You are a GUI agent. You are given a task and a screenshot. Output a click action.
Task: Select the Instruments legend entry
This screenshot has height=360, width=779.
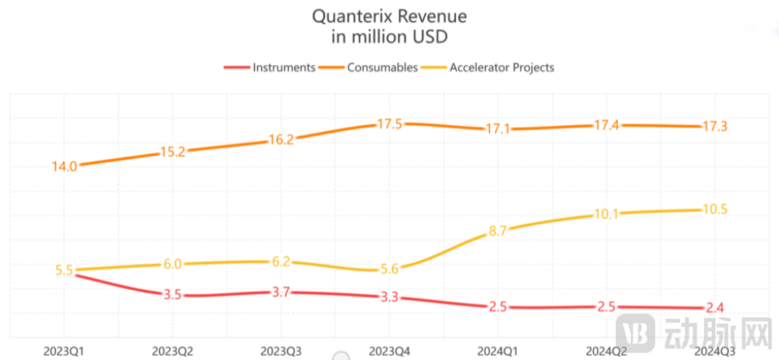pos(284,67)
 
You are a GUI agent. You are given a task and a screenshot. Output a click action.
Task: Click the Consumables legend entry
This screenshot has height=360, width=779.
pos(382,67)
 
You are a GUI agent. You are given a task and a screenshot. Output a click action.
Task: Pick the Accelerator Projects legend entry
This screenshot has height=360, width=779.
pos(502,67)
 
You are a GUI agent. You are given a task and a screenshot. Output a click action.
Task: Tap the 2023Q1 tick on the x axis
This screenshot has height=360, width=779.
pos(65,351)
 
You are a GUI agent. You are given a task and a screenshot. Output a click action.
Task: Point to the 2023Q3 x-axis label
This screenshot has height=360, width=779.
pos(281,351)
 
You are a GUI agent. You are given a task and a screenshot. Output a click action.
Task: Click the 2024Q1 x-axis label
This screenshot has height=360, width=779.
pos(498,351)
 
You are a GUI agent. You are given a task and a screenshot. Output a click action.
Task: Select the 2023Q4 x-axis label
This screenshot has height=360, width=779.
pos(389,351)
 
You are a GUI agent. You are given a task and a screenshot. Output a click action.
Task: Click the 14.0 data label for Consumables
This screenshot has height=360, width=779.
pos(64,166)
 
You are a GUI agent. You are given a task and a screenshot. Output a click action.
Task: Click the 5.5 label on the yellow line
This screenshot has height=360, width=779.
pos(64,270)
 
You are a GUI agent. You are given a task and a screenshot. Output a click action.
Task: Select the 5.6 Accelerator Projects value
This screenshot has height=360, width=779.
pos(389,269)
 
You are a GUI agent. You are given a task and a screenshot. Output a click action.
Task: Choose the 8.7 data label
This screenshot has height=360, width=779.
pos(497,231)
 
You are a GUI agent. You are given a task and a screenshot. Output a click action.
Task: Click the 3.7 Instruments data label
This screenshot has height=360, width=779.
pos(280,292)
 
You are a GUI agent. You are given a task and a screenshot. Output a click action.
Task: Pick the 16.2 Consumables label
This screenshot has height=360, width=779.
pos(280,140)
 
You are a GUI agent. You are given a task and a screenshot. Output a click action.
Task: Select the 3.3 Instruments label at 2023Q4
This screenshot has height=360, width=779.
pos(389,296)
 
